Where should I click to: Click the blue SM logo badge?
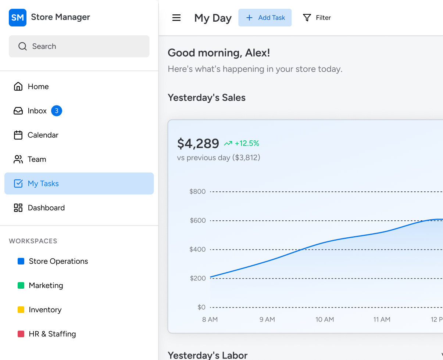18,18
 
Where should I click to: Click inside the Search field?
79,46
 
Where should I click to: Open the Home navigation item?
31,86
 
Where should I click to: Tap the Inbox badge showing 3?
57,111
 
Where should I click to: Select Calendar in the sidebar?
36,135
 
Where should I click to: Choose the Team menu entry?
30,159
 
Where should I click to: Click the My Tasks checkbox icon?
18,184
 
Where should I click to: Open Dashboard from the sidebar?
39,208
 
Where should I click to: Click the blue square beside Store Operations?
21,261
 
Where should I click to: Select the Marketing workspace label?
46,285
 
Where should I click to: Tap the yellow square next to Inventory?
21,310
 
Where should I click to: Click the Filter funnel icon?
307,18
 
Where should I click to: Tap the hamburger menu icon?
176,18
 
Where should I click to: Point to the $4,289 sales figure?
198,143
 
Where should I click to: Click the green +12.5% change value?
247,143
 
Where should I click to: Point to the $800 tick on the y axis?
197,191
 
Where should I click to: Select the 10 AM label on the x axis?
325,320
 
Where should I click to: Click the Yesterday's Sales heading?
207,98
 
